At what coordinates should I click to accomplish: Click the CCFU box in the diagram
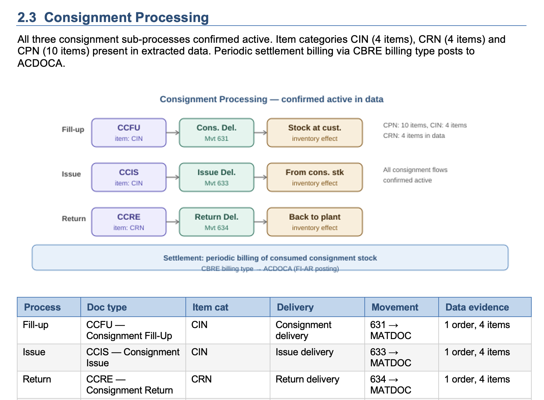pos(129,133)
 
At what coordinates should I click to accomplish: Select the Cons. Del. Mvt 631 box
pos(217,133)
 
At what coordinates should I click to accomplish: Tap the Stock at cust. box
pos(314,133)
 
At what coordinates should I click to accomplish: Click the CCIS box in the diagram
pos(129,177)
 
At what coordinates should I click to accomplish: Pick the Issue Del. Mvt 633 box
pos(217,177)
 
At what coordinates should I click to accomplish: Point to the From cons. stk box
pos(314,177)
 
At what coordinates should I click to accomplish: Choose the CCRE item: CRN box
pos(129,222)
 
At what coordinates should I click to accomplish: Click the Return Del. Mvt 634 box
pos(217,222)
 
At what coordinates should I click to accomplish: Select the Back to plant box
pos(314,222)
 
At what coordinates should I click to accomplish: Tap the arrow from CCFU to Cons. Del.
pos(173,133)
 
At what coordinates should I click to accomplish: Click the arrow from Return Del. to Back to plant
pos(260,222)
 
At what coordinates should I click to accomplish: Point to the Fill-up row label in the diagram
pos(73,130)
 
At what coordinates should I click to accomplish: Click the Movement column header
pos(395,307)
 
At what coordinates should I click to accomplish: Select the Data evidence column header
pos(477,307)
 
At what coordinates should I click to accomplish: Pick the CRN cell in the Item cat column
pos(201,379)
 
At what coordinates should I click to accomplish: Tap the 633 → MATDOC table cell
pos(390,357)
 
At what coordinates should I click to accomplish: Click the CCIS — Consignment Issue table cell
pos(133,357)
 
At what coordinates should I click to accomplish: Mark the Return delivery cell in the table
pos(307,379)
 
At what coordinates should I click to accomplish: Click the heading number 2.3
pos(27,18)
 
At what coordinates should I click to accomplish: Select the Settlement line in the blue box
pos(270,258)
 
